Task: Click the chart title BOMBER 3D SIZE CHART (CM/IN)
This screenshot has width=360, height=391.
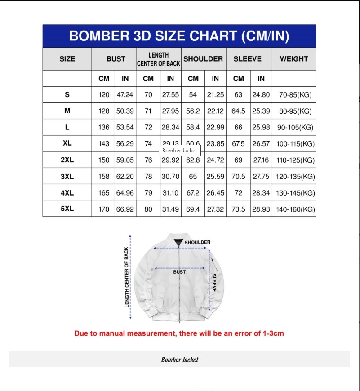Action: tap(179, 36)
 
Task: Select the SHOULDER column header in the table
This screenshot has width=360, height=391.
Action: tap(203, 59)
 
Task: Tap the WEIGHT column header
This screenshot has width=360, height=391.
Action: tap(294, 59)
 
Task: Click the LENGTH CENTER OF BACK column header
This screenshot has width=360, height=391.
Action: tap(159, 59)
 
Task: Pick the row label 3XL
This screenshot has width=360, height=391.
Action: tap(67, 177)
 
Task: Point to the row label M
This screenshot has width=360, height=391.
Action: tap(67, 111)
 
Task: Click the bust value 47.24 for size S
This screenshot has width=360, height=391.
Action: tap(125, 95)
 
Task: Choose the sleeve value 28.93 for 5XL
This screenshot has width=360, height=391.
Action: tap(261, 209)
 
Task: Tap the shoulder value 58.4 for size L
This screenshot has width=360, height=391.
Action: tap(193, 128)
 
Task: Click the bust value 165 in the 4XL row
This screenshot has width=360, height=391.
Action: tap(104, 193)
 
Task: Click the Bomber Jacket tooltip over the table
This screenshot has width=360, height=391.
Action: tap(179, 151)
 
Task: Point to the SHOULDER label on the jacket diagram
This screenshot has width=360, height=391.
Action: tap(197, 242)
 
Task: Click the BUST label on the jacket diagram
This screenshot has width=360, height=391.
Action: tap(179, 272)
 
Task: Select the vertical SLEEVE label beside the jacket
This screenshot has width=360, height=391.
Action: tap(214, 283)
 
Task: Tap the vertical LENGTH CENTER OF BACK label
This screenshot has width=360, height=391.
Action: tap(126, 277)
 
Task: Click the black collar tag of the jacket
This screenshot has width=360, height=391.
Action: tap(179, 243)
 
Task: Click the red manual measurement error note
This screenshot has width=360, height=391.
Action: tap(179, 333)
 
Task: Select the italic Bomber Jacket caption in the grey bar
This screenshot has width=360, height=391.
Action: tap(179, 360)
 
